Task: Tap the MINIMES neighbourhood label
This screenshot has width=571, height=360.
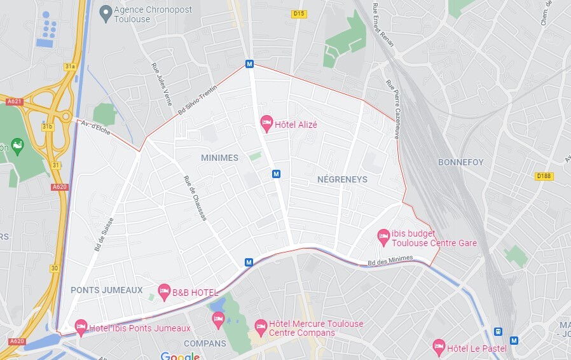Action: coord(219,158)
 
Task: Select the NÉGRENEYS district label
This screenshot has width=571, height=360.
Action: coord(342,179)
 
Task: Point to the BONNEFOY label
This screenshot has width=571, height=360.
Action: coord(460,162)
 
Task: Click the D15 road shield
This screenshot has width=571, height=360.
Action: coord(299,14)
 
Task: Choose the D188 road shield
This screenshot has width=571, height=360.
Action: coord(543,176)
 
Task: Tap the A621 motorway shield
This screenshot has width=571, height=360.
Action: coord(14,101)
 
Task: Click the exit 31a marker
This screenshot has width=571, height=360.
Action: coord(70,66)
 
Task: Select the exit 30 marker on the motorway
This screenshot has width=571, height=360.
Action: coord(55,268)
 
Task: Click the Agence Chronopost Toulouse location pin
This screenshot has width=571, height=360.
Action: coord(106,11)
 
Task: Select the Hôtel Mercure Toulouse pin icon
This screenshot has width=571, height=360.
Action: coord(260,326)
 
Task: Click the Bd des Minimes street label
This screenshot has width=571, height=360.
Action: coord(390,260)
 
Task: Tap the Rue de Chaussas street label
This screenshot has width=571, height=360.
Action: coord(195,198)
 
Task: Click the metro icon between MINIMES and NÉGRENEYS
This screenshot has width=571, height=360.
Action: coord(276,174)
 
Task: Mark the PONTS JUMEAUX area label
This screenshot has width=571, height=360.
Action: coord(107,290)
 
